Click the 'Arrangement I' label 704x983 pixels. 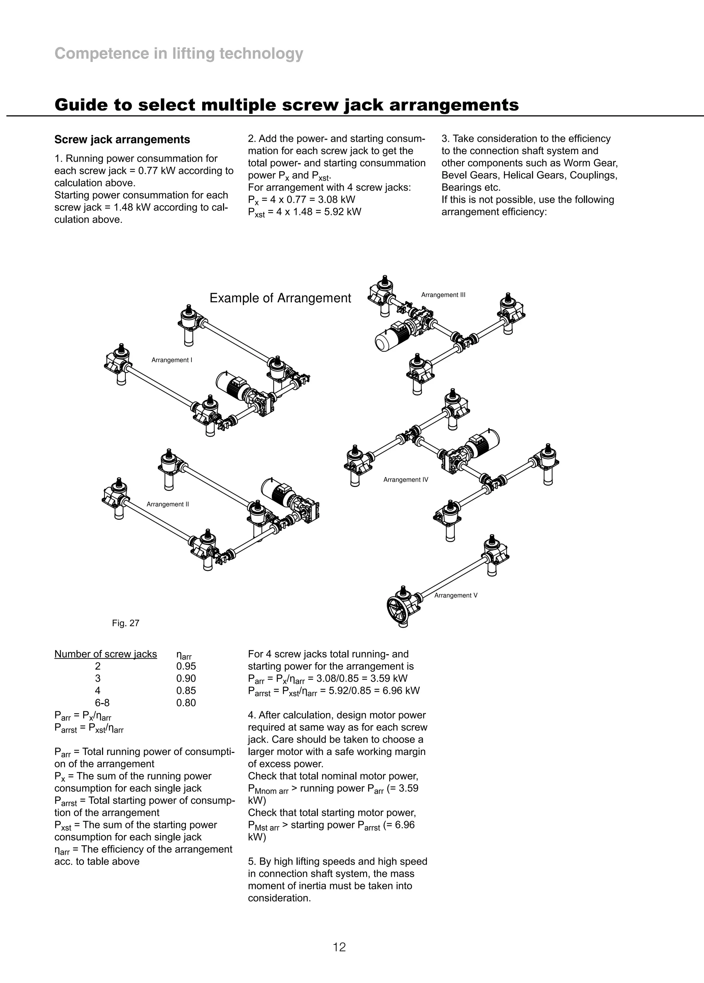click(172, 360)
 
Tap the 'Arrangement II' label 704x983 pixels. click(168, 504)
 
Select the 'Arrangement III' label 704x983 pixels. click(443, 295)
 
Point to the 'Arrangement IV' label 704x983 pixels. click(406, 479)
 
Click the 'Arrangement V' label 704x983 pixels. click(456, 595)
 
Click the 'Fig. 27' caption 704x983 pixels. click(125, 623)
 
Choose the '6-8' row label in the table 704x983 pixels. click(102, 703)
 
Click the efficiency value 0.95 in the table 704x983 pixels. click(186, 666)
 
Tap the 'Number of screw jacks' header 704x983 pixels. click(106, 654)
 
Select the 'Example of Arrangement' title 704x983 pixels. click(280, 298)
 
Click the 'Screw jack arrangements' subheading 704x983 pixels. click(122, 140)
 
